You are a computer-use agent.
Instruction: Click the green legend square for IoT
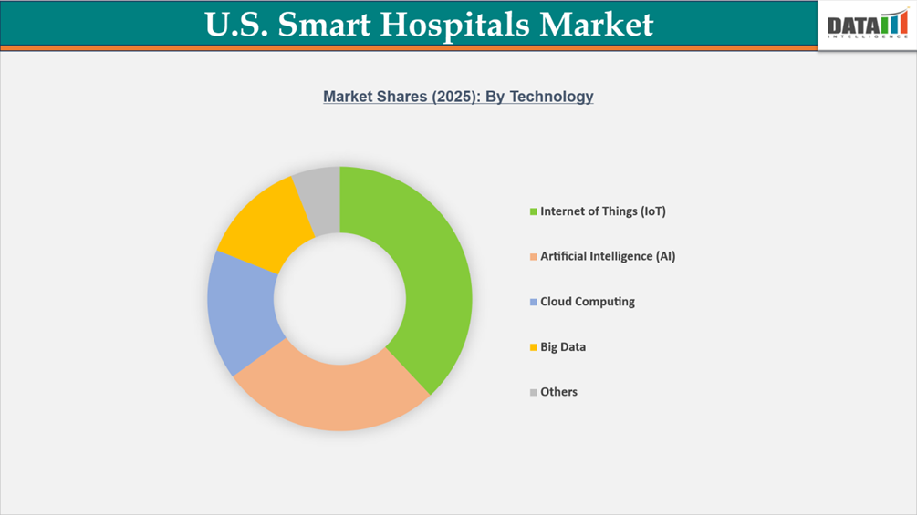(x=533, y=212)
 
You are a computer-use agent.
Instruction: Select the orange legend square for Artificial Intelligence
(x=533, y=257)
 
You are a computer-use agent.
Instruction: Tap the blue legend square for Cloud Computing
(x=533, y=303)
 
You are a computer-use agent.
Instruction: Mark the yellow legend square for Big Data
(x=533, y=347)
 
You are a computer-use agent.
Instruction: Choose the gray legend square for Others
(x=533, y=393)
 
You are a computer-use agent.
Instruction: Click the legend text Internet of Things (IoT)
(x=603, y=211)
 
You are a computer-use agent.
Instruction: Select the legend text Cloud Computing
(x=587, y=302)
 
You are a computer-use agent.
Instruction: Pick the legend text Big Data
(x=563, y=347)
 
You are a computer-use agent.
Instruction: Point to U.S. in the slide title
(x=235, y=25)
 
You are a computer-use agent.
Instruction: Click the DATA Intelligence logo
(x=867, y=25)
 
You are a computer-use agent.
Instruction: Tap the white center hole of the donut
(x=339, y=299)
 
